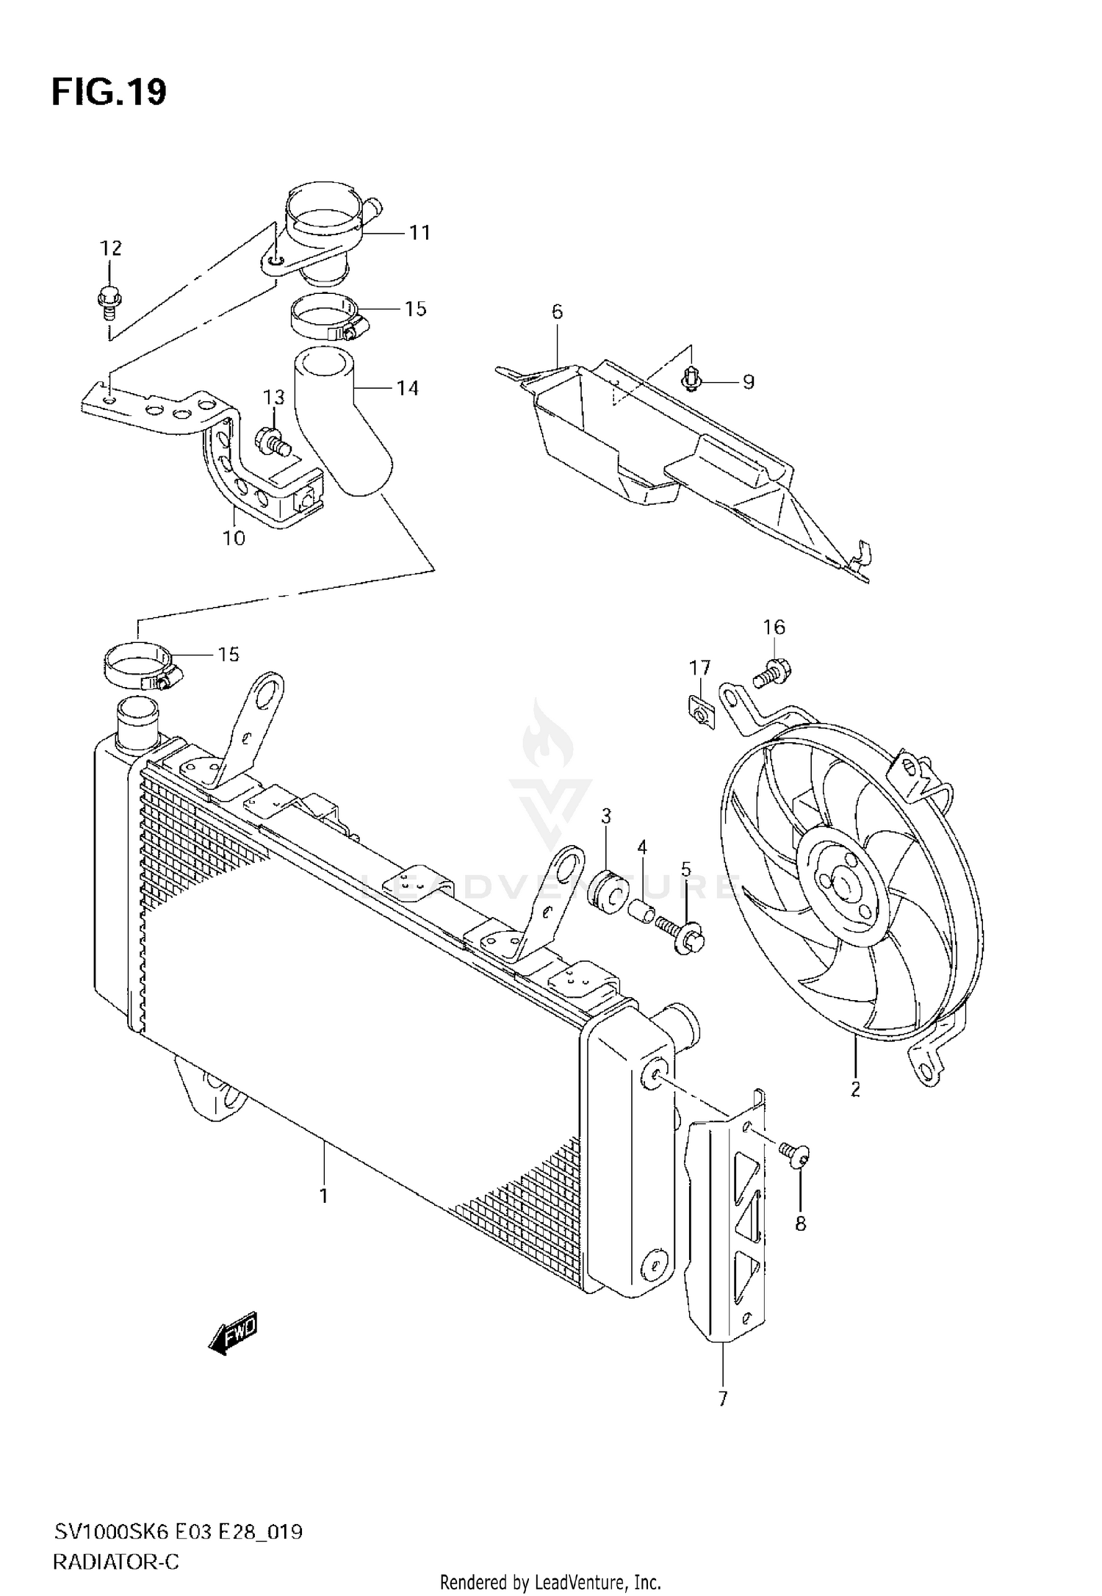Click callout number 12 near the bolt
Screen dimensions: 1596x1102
click(x=111, y=248)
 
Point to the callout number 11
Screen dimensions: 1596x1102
click(x=419, y=233)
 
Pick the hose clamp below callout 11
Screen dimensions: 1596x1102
click(x=323, y=317)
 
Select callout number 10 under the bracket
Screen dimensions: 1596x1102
click(x=234, y=539)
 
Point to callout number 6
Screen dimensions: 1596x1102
click(x=557, y=312)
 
